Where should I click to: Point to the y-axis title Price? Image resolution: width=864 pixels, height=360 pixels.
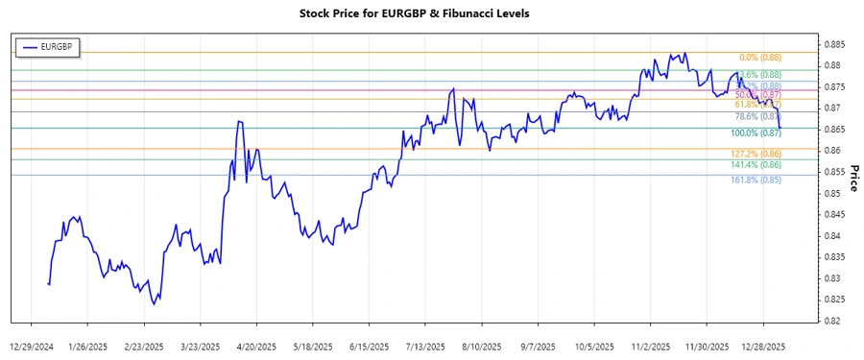852,180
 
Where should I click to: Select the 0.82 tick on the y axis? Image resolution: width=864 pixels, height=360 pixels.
830,322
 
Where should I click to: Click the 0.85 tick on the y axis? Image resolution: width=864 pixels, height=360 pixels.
830,194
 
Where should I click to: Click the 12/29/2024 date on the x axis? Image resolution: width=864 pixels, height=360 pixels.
33,346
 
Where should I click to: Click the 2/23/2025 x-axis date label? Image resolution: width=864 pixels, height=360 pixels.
144,346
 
